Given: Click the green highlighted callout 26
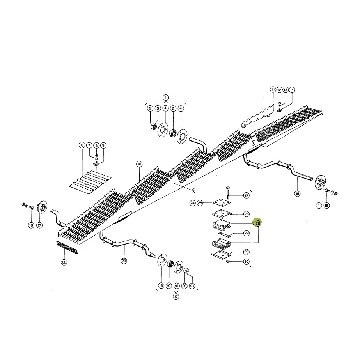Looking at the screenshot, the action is [257, 223].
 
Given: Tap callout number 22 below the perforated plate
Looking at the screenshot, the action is [64, 262].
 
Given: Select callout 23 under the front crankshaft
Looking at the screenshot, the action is [124, 261].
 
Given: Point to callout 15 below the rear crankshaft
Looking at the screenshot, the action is [297, 194].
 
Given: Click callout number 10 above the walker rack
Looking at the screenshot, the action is [139, 164].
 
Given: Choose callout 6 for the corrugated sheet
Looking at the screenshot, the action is [82, 145].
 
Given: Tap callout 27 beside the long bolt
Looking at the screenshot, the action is [247, 195].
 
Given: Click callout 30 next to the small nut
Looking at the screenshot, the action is [247, 261].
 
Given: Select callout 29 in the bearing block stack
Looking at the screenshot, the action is [247, 233].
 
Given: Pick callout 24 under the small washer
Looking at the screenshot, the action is [192, 203].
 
